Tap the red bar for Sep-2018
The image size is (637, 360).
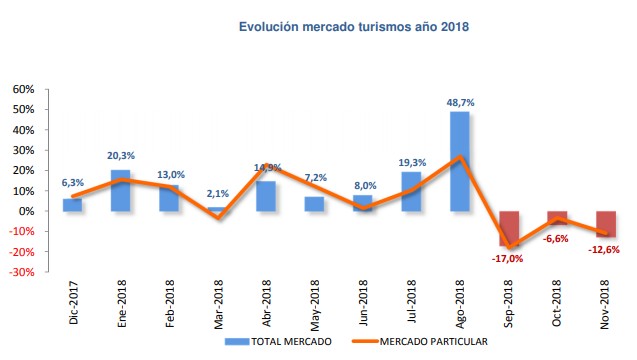(509, 228)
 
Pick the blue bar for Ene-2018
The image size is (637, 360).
(119, 190)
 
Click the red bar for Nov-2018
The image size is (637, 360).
(606, 223)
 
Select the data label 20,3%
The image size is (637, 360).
(119, 155)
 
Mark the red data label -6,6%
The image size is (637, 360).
(558, 239)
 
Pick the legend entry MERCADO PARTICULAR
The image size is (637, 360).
(426, 341)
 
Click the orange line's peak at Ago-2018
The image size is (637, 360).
(460, 157)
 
